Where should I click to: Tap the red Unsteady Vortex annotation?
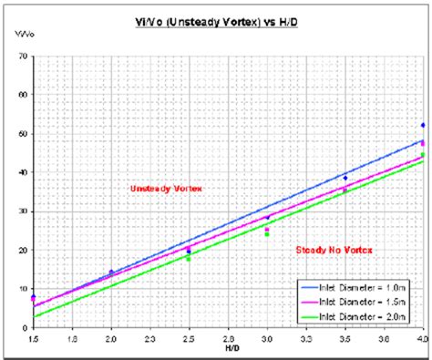[x=166, y=188]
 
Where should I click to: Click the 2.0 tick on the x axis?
[x=111, y=336]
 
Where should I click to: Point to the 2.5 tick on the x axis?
[x=189, y=336]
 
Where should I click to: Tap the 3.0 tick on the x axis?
[x=267, y=336]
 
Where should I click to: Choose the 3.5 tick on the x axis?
[x=345, y=336]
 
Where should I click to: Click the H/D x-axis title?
[x=227, y=346]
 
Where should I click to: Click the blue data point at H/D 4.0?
[x=423, y=125]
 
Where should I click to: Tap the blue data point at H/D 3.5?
[x=345, y=178]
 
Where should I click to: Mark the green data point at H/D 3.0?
[x=267, y=234]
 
